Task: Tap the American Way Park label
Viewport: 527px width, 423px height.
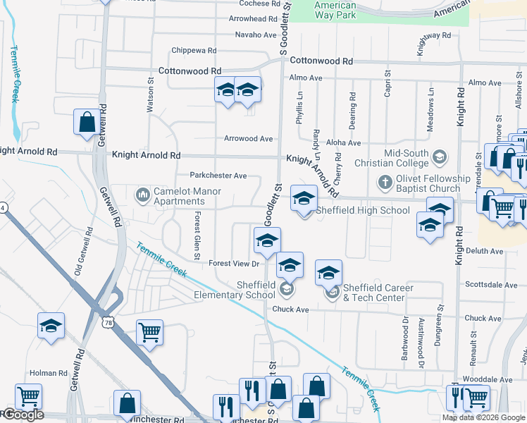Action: pos(335,10)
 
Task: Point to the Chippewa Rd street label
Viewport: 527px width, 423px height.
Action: pos(194,51)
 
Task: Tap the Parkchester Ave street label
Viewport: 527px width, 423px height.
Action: pos(218,176)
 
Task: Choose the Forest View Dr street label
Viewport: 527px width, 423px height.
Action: pos(235,264)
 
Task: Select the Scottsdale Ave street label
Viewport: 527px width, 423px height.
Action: pos(492,285)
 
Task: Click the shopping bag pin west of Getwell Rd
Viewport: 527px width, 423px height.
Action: pos(86,121)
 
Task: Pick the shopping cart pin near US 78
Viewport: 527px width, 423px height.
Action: pos(149,332)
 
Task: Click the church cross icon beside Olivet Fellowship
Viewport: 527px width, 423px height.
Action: pos(385,183)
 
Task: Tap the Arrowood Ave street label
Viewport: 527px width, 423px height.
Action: pos(249,139)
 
